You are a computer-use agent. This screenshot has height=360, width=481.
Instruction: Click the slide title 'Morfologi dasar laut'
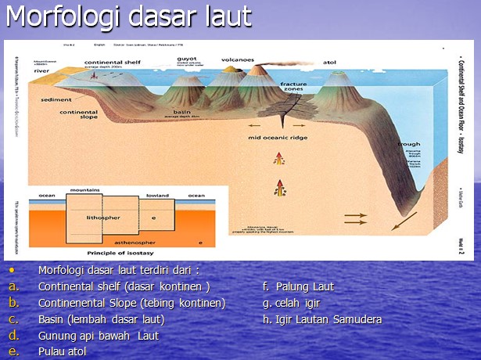pyautogui.click(x=129, y=17)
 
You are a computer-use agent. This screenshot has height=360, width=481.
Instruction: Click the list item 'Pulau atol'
pyautogui.click(x=62, y=351)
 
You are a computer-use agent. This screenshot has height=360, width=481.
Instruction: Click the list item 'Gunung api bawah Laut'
pyautogui.click(x=98, y=336)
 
